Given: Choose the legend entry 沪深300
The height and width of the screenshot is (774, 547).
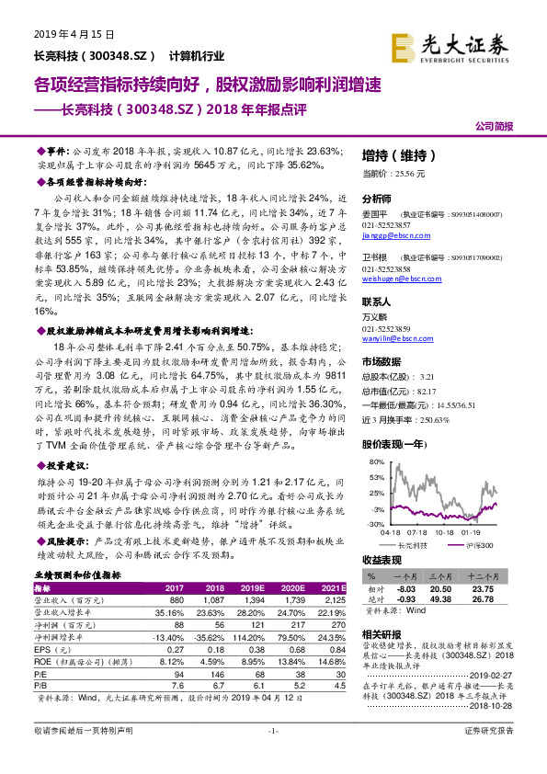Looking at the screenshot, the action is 479,545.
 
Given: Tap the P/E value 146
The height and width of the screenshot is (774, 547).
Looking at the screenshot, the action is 212,674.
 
